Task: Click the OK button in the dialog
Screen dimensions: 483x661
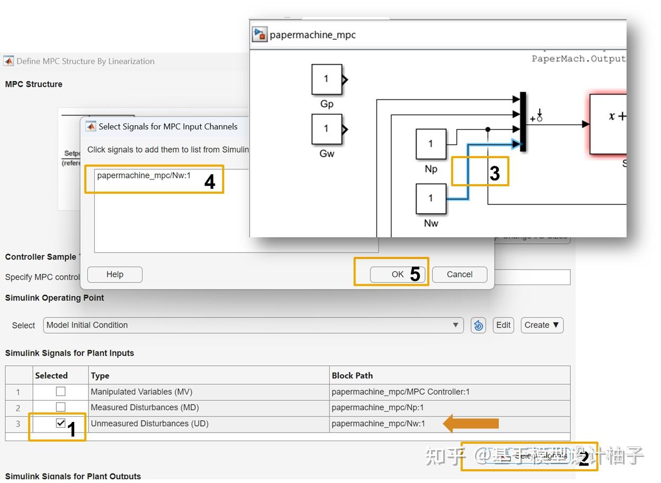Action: pyautogui.click(x=398, y=274)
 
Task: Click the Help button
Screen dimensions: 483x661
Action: pyautogui.click(x=114, y=274)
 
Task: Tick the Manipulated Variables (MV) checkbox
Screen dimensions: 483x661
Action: pyautogui.click(x=61, y=392)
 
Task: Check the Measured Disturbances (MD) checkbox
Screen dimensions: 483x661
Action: pyautogui.click(x=61, y=407)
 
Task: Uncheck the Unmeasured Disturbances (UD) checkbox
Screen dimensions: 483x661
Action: pyautogui.click(x=61, y=424)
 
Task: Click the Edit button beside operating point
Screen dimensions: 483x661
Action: pyautogui.click(x=503, y=325)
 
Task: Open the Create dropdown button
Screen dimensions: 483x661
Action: pyautogui.click(x=541, y=325)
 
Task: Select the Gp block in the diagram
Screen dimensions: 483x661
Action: pyautogui.click(x=326, y=80)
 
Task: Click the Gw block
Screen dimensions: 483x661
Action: pyautogui.click(x=326, y=128)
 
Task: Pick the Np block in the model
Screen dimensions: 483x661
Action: pyautogui.click(x=430, y=144)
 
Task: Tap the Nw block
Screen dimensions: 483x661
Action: pyautogui.click(x=430, y=199)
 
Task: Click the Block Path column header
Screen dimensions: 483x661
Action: pyautogui.click(x=352, y=375)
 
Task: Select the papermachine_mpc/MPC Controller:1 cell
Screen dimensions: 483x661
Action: pyautogui.click(x=400, y=392)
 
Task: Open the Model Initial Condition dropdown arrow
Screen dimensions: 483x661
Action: pyautogui.click(x=455, y=325)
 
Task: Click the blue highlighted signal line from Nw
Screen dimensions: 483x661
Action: pyautogui.click(x=468, y=175)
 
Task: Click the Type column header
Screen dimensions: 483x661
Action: pyautogui.click(x=100, y=375)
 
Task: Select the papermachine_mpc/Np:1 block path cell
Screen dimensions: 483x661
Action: pyautogui.click(x=377, y=408)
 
